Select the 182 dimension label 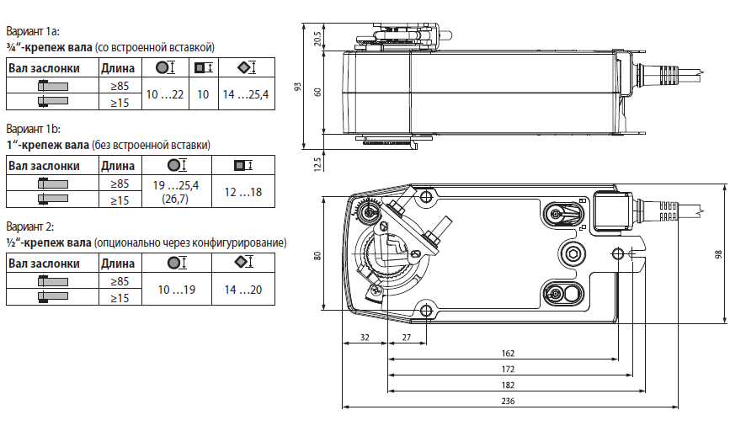tap(508, 385)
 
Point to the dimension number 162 tap(508, 354)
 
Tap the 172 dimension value tap(508, 369)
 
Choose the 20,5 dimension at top tap(317, 39)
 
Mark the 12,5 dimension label tap(317, 162)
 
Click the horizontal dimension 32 tap(365, 336)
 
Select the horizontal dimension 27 tap(406, 336)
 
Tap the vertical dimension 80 tap(317, 255)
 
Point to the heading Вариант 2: tap(30, 227)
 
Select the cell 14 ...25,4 tap(245, 94)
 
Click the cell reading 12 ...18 tap(242, 192)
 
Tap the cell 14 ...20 tap(243, 290)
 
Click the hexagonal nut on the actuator tap(573, 255)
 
